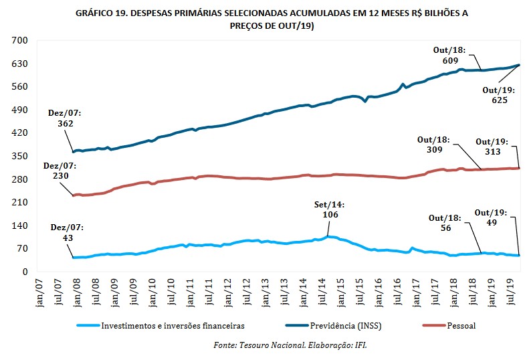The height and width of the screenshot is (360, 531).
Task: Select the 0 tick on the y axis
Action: click(22, 272)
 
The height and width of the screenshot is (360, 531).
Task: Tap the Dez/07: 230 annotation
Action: click(58, 171)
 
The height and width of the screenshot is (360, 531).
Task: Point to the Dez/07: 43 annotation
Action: click(65, 232)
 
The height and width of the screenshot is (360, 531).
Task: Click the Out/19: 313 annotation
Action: click(492, 147)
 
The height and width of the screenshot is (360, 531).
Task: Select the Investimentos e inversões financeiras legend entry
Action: click(167, 326)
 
